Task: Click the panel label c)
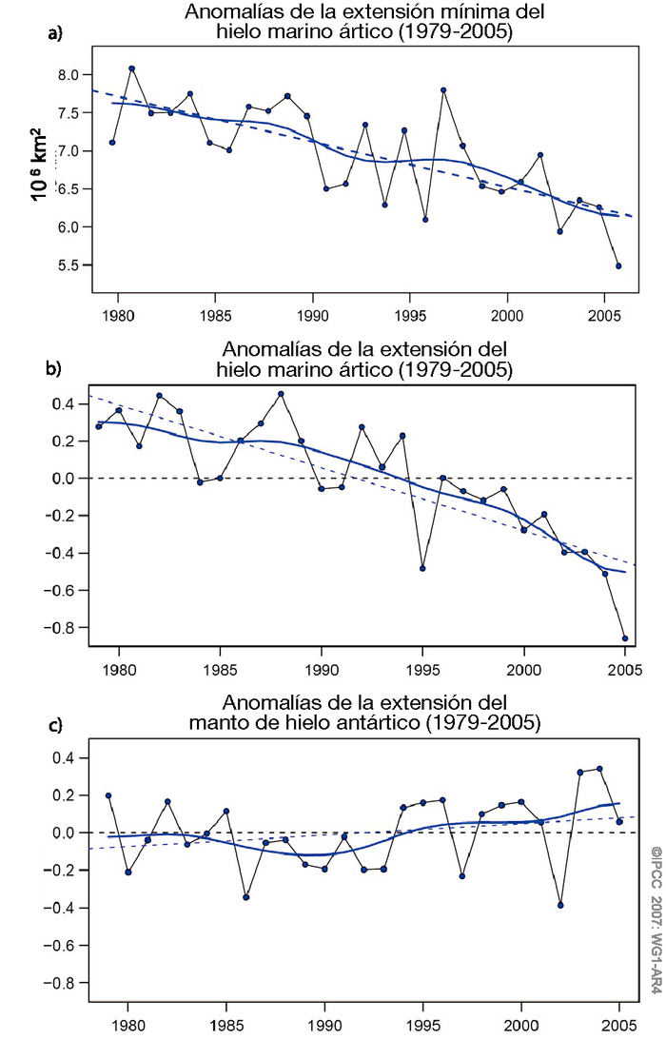click(55, 726)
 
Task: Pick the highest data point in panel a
click(132, 69)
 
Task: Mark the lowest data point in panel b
click(625, 638)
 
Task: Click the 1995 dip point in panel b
click(422, 568)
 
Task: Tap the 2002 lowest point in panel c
click(560, 905)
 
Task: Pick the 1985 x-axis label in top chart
click(216, 312)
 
